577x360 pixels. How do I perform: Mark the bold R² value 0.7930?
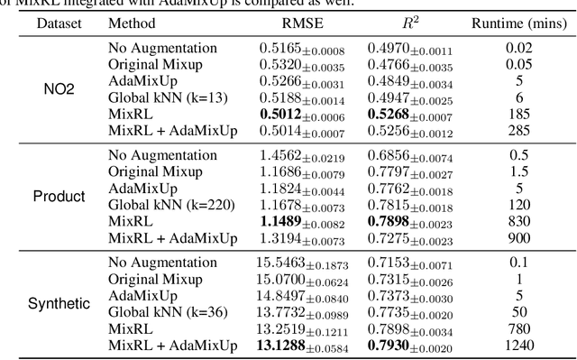pos(390,345)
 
